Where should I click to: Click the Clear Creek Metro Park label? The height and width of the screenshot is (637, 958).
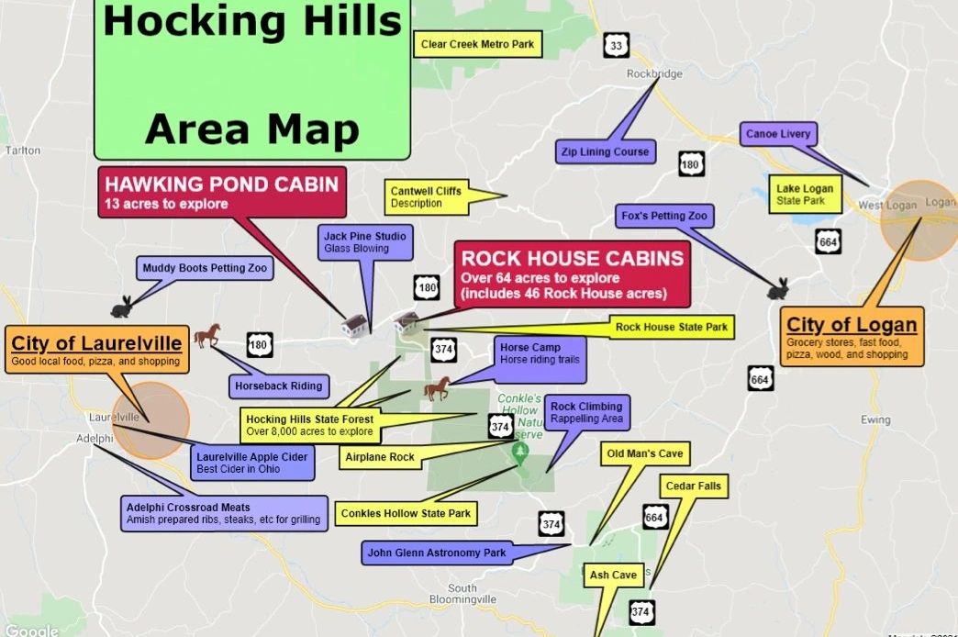click(x=476, y=44)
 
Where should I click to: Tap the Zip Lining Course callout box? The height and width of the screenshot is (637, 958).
click(x=606, y=151)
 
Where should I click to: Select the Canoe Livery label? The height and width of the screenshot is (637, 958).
click(x=777, y=134)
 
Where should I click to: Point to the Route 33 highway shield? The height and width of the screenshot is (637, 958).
click(x=616, y=45)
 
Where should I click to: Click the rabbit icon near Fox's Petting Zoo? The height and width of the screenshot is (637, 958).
click(x=778, y=289)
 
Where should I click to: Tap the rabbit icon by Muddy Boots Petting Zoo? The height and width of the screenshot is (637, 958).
click(x=121, y=306)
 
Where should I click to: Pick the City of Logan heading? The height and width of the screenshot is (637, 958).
click(x=852, y=325)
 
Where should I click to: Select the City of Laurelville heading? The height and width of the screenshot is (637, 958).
click(x=96, y=343)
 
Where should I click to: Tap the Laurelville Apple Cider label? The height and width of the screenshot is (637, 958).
click(x=252, y=463)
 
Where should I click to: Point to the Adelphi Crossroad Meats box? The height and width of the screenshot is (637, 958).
click(x=224, y=513)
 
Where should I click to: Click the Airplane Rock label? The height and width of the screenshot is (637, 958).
click(x=379, y=457)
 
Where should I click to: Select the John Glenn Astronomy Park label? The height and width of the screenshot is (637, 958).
click(x=437, y=553)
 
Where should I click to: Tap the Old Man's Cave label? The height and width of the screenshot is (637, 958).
click(x=645, y=453)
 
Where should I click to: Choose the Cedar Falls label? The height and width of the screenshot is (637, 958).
click(x=695, y=486)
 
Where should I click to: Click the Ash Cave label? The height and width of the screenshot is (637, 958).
click(x=613, y=576)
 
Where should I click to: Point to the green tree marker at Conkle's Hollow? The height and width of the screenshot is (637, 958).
click(x=520, y=451)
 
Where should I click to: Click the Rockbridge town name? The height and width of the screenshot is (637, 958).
click(x=654, y=73)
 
